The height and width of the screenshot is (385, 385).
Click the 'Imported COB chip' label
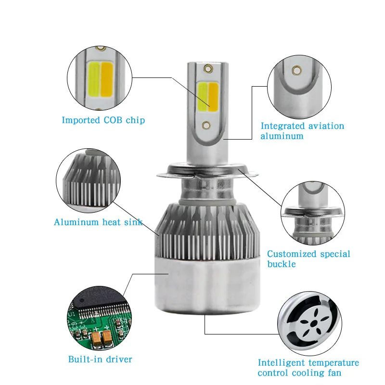pos(103,120)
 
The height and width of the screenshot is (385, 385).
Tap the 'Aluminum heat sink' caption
pos(98,222)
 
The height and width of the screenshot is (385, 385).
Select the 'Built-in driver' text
pos(100,359)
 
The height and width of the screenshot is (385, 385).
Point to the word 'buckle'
pos(282,264)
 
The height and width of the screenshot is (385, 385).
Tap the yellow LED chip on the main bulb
pos(203,96)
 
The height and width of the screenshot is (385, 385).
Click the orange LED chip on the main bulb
pos(214,95)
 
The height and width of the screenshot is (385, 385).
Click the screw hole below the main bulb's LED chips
pos(207,125)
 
